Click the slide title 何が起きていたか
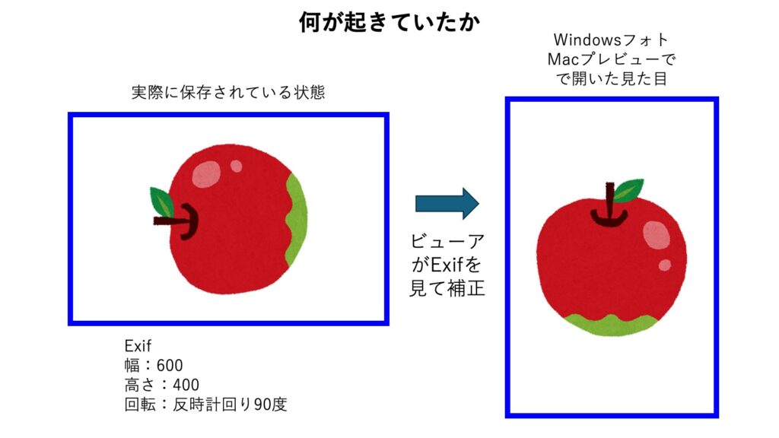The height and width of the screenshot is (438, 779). click(x=389, y=22)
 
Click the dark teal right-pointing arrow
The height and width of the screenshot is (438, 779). click(x=447, y=203)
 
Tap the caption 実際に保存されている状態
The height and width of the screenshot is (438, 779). click(x=228, y=92)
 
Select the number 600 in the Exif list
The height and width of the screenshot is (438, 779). click(x=170, y=366)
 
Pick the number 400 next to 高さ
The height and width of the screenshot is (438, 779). click(x=186, y=385)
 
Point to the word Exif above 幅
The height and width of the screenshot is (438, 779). click(x=138, y=346)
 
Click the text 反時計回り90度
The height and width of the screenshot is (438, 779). click(x=230, y=405)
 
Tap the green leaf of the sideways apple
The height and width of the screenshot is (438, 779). click(x=161, y=202)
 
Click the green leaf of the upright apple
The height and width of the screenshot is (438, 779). click(x=628, y=190)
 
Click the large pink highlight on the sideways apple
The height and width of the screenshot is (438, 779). click(x=206, y=174)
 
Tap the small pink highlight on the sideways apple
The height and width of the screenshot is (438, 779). click(x=236, y=166)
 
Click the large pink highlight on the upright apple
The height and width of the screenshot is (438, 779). click(x=657, y=235)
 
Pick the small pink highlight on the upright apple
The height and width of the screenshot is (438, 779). click(x=665, y=265)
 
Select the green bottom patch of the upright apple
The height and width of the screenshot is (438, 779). click(x=611, y=324)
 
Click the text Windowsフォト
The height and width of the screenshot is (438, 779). click(x=611, y=40)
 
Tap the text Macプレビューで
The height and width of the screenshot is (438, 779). click(x=611, y=59)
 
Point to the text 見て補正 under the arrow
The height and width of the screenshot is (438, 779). click(x=447, y=288)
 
